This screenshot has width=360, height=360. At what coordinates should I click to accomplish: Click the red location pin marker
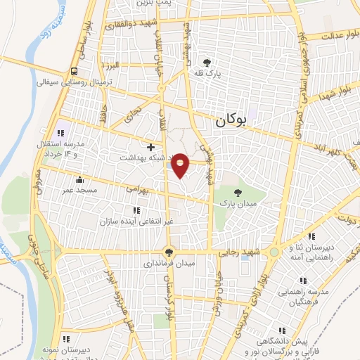(x=181, y=164)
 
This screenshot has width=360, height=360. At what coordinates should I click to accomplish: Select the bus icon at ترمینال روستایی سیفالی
(x=74, y=71)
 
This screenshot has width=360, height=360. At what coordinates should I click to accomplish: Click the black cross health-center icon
(x=151, y=147)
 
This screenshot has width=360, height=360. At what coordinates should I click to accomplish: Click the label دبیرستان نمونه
(x=59, y=348)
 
